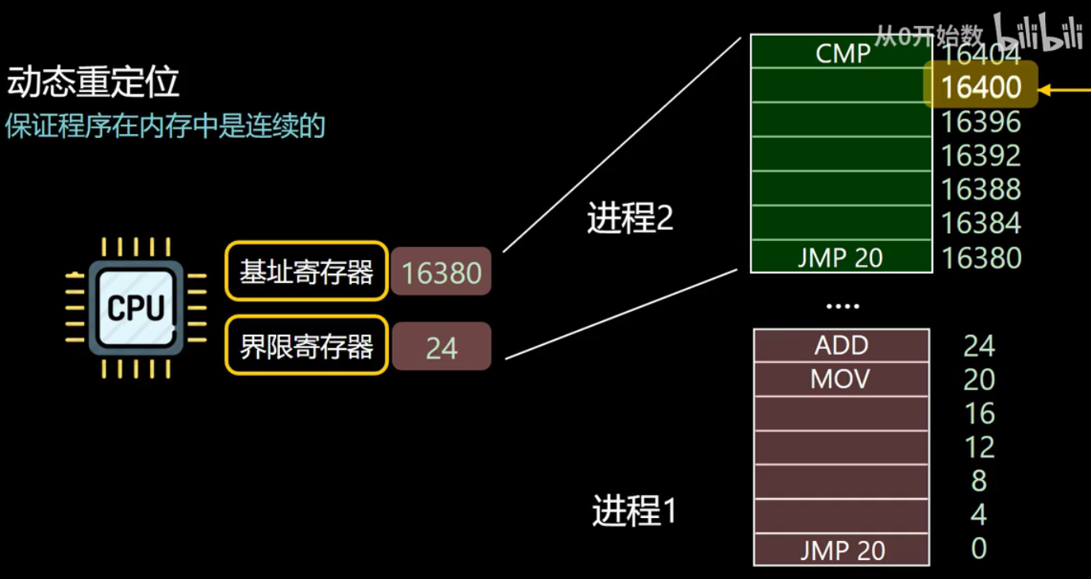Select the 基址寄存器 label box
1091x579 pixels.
pos(306,272)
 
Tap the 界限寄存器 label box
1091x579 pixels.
pos(306,346)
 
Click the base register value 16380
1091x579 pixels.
pos(441,273)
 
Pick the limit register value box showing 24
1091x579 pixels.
pos(441,347)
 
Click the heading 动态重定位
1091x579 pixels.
pos(94,82)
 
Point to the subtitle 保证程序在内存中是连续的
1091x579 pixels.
pos(165,126)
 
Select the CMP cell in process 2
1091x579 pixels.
pos(842,53)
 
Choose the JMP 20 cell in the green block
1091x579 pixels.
pos(841,257)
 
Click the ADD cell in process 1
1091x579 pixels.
pos(841,346)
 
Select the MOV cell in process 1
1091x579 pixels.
pos(841,379)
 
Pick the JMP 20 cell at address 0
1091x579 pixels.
pos(841,550)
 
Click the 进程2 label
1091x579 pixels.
pos(630,218)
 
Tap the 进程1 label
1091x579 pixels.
pos(634,511)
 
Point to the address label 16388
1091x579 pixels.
pos(981,190)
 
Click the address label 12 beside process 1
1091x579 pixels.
pos(979,447)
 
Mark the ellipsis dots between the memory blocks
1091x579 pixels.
pos(842,305)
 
